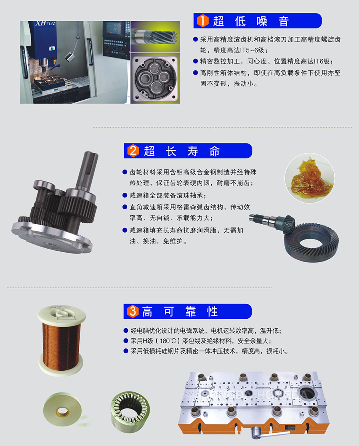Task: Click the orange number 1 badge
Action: (202, 21)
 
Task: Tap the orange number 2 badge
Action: (133, 151)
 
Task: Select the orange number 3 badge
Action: (132, 311)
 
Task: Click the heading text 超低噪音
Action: (251, 21)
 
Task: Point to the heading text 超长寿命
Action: (182, 151)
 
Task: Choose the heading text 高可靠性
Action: (180, 312)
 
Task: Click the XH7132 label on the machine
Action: (45, 23)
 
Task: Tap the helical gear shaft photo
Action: (155, 36)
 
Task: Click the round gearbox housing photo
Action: (155, 78)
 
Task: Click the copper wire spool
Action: (61, 340)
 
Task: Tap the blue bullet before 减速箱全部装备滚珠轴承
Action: (124, 195)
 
